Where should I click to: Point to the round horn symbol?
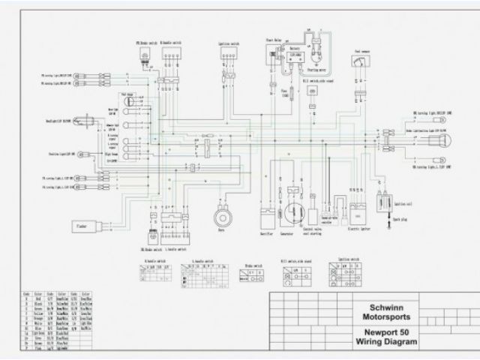pyautogui.click(x=222, y=217)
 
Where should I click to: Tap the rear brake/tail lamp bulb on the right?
pyautogui.click(x=441, y=139)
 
